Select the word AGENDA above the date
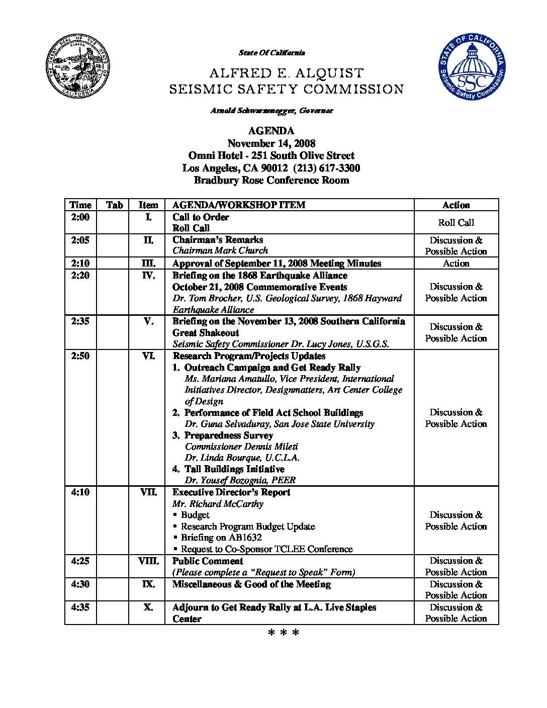[x=271, y=131]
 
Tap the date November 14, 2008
[x=271, y=143]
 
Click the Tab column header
[x=115, y=205]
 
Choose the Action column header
[x=456, y=205]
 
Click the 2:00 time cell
[x=80, y=217]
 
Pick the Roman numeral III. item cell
[x=148, y=263]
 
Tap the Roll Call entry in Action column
[x=456, y=223]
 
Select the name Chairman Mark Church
[x=220, y=250]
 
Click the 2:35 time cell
[x=80, y=321]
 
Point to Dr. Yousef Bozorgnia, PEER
[x=240, y=480]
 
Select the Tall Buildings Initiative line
[x=234, y=469]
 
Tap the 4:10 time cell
[x=80, y=492]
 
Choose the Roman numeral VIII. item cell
[x=148, y=561]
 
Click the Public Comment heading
[x=208, y=561]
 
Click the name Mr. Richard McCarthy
[x=218, y=504]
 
